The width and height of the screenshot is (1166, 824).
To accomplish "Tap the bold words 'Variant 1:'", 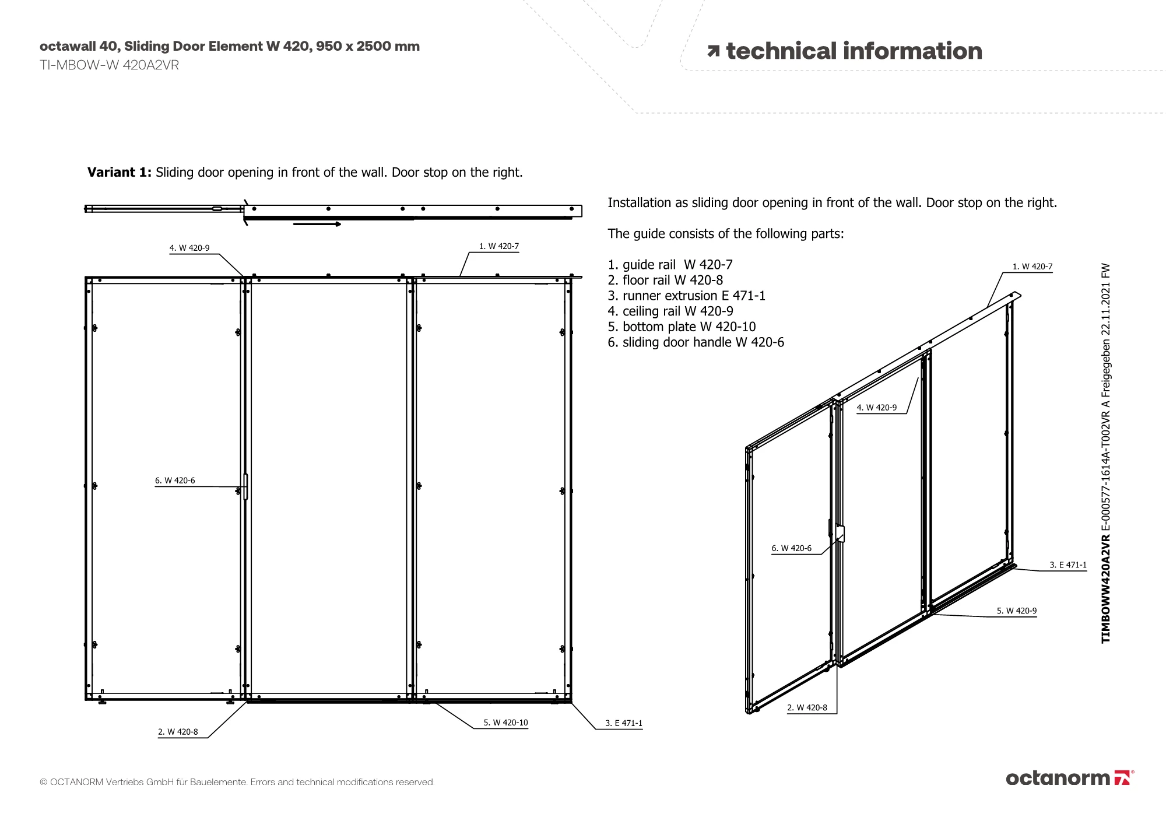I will (120, 172).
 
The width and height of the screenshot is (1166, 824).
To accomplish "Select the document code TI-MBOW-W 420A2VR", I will (109, 65).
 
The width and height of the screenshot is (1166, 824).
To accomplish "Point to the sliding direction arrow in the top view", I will (317, 224).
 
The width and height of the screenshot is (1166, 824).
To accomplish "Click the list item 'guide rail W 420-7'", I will (670, 265).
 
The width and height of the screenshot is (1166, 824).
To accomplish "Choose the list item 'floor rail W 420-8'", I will (665, 280).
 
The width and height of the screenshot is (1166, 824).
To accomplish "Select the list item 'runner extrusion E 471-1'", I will (686, 296).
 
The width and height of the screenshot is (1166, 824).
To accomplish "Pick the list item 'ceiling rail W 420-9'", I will (670, 311).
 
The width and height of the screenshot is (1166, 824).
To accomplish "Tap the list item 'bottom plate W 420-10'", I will (682, 327).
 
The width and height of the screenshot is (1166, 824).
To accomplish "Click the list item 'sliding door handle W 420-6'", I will (696, 342).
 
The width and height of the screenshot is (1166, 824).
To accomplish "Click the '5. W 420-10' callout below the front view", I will (505, 723).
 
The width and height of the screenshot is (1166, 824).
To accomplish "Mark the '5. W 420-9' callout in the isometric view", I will (1016, 611).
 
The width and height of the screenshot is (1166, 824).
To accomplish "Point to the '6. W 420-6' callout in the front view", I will (175, 481).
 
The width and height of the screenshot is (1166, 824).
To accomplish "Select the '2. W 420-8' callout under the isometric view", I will (807, 707).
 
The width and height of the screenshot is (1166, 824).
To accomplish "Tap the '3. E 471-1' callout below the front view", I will (623, 723).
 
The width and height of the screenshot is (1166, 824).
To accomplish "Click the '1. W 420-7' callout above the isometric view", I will (1032, 267).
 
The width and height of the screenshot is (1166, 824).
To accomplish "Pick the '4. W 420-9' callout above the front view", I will (189, 248).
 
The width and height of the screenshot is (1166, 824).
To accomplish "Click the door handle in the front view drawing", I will (245, 486).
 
